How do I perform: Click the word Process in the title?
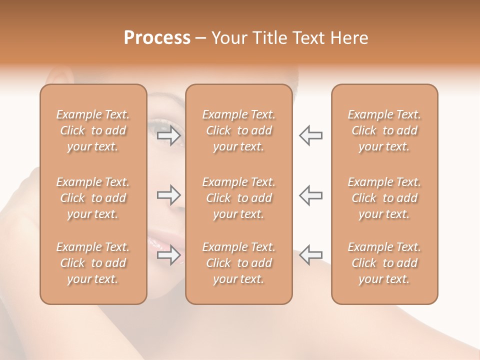point(157,38)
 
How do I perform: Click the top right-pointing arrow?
point(169,135)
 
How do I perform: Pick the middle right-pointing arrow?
point(169,195)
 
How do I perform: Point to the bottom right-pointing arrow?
point(169,255)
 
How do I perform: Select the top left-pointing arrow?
point(310,135)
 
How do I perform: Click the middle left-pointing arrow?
point(310,195)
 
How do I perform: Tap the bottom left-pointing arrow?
point(310,255)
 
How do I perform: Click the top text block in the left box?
point(93,130)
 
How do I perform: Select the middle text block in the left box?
point(93,198)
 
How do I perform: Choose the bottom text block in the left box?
point(93,263)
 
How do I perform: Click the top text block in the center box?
point(239,130)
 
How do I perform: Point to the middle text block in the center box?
point(239,198)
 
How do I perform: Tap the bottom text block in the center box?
point(239,263)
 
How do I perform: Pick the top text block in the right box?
point(384,130)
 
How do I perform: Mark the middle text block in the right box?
point(384,198)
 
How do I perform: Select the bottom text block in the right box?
point(384,263)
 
